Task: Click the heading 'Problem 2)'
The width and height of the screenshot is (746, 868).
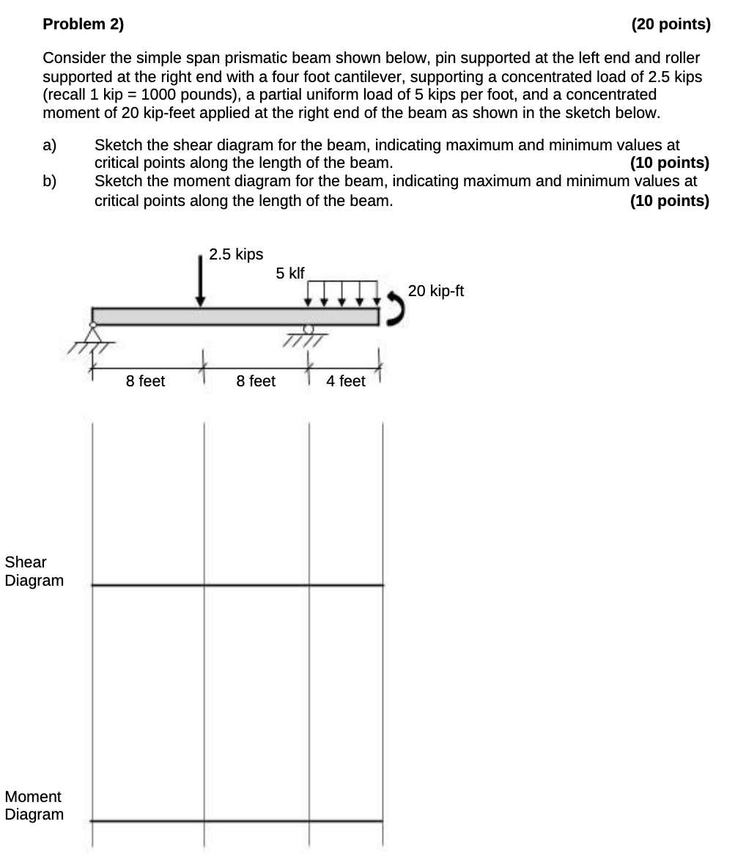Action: click(x=84, y=24)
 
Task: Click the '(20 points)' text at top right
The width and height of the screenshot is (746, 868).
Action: click(x=671, y=24)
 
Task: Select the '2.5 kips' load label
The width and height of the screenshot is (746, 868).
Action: click(x=235, y=254)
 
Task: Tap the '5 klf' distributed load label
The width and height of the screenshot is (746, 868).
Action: click(x=289, y=273)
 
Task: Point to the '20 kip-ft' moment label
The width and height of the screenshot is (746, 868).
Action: click(x=436, y=291)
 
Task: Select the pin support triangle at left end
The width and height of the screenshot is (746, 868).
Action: click(x=92, y=334)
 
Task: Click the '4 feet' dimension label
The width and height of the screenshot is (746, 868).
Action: click(x=345, y=381)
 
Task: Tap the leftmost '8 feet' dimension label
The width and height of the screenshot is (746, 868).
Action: click(x=145, y=381)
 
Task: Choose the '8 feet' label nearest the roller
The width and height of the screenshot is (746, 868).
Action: click(x=256, y=381)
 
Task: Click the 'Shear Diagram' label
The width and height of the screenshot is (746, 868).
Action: click(x=34, y=571)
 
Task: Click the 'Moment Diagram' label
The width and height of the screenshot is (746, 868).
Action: click(x=34, y=805)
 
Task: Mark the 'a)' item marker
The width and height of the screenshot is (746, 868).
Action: click(x=50, y=145)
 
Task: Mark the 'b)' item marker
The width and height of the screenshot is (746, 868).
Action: click(x=50, y=181)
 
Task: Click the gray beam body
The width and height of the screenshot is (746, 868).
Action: click(x=234, y=316)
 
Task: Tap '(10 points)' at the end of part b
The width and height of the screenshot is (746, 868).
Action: click(x=669, y=201)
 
